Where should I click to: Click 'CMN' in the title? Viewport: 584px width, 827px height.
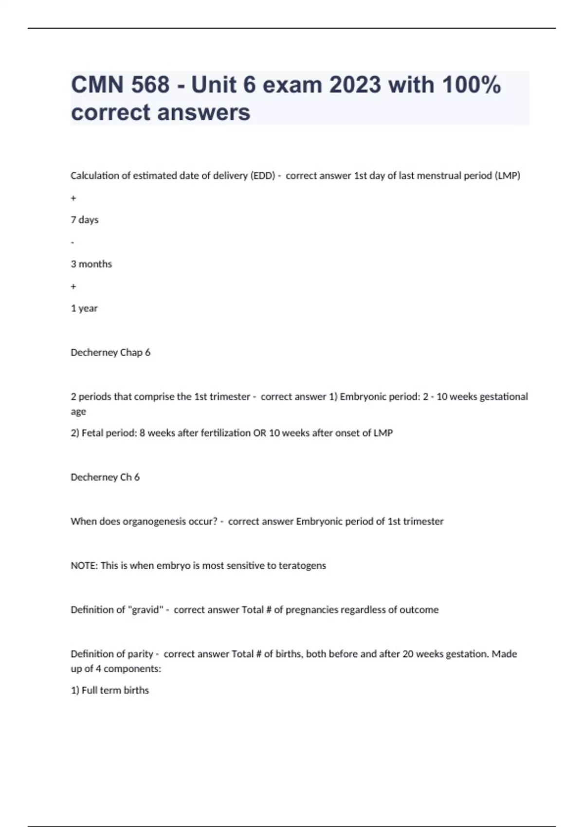(x=96, y=85)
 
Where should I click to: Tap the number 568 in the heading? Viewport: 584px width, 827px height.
(x=150, y=85)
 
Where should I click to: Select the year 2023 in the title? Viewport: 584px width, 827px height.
(x=355, y=85)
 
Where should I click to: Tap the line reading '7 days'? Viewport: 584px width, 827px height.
(x=85, y=220)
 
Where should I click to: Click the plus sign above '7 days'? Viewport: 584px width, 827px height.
(x=73, y=198)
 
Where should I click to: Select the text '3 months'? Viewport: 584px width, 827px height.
(x=91, y=264)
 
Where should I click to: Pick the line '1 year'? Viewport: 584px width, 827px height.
(x=84, y=308)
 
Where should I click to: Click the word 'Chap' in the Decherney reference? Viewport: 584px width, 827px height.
(x=131, y=353)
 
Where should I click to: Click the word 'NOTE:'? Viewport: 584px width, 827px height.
(x=84, y=566)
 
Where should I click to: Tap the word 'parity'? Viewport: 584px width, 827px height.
(x=140, y=654)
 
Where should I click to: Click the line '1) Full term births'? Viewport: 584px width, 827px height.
(x=110, y=690)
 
